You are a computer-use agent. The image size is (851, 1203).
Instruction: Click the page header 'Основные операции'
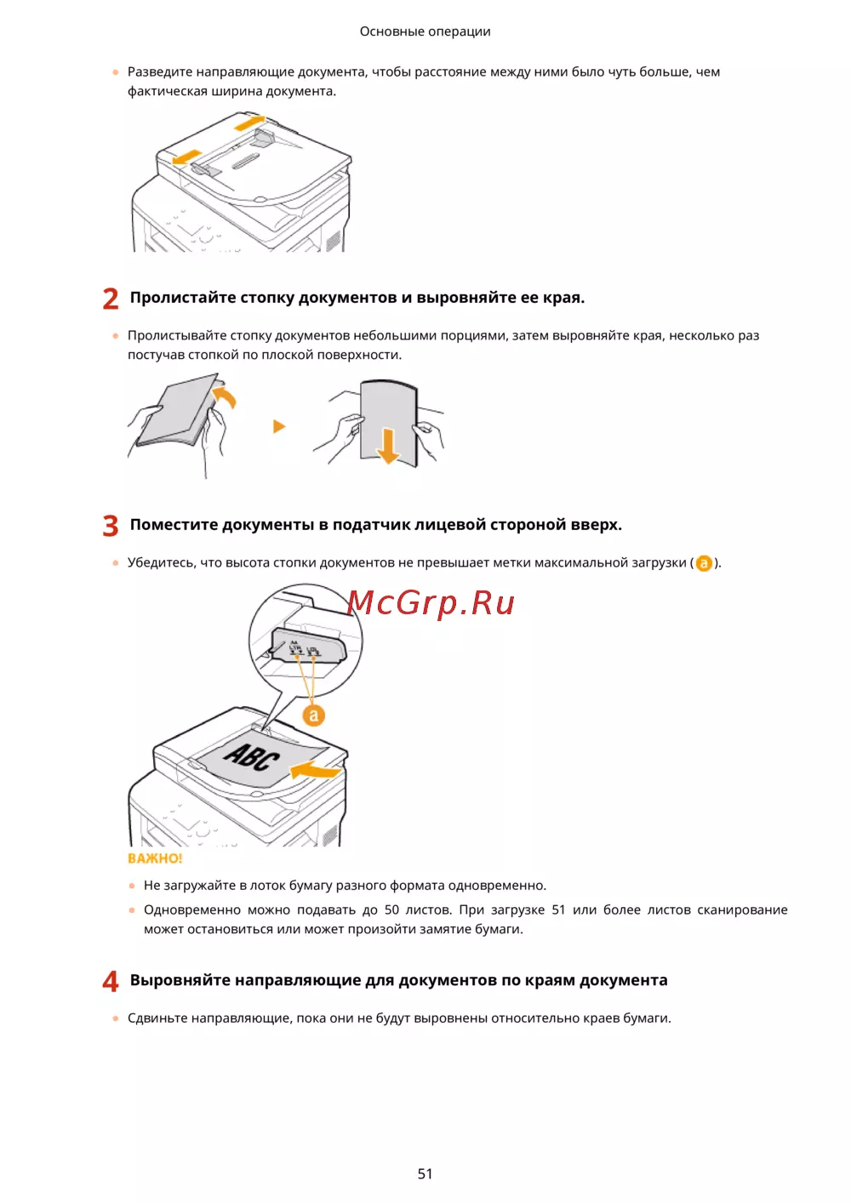click(x=425, y=31)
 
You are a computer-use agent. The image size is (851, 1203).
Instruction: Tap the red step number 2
click(x=110, y=299)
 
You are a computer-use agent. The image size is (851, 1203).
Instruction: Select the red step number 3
click(x=110, y=525)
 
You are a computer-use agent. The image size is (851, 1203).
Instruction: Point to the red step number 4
click(x=110, y=981)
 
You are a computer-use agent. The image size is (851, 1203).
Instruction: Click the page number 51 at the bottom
click(x=425, y=1173)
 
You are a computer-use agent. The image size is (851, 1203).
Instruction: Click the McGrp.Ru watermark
click(x=431, y=602)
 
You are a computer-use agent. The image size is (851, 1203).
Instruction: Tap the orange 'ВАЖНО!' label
click(x=155, y=858)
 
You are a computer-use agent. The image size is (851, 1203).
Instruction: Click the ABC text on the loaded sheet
click(x=252, y=757)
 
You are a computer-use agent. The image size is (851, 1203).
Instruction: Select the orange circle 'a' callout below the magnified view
click(x=314, y=715)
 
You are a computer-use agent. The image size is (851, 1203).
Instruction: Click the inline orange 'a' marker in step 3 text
click(x=703, y=563)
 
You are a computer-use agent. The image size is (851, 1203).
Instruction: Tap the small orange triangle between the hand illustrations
click(x=279, y=426)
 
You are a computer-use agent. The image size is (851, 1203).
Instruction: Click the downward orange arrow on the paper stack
click(x=388, y=446)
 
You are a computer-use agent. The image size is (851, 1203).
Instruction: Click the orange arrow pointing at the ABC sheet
click(x=316, y=770)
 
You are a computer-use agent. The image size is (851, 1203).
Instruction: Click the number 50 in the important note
click(x=391, y=909)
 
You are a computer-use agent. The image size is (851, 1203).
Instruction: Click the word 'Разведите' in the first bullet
click(x=160, y=72)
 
